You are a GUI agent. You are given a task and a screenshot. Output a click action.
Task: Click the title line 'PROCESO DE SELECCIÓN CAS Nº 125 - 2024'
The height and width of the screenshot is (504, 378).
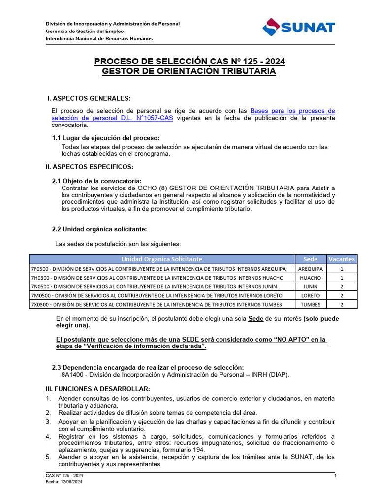(x=189, y=62)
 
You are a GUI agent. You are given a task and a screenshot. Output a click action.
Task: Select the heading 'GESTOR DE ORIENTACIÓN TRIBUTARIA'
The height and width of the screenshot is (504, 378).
(x=189, y=72)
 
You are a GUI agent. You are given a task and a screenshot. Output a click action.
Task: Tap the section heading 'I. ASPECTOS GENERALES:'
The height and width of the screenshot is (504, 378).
(x=89, y=99)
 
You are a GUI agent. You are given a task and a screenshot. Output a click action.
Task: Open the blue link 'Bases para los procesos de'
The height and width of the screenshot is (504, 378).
(x=292, y=111)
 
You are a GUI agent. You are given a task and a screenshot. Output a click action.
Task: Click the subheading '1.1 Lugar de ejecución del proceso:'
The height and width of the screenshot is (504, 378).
(x=106, y=138)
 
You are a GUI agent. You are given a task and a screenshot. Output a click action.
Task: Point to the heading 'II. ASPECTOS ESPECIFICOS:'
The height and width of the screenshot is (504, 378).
(x=89, y=167)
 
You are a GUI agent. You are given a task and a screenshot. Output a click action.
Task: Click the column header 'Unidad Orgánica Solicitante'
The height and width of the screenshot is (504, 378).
(x=162, y=259)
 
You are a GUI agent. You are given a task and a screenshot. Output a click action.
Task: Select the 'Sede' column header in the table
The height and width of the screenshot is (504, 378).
(x=310, y=259)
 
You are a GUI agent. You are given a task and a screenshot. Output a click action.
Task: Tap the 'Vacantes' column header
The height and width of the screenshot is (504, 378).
(x=342, y=259)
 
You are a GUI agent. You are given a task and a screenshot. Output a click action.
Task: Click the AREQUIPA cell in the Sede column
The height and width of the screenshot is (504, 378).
(x=310, y=269)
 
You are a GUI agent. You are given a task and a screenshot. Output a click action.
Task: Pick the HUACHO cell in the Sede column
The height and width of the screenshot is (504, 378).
(x=310, y=278)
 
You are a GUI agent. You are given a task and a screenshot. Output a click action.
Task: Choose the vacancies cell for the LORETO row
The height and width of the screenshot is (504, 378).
(x=342, y=295)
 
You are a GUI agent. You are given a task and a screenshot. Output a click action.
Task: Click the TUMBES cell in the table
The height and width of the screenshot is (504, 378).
(x=310, y=304)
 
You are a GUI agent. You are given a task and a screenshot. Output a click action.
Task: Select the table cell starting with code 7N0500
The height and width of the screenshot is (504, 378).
(x=162, y=286)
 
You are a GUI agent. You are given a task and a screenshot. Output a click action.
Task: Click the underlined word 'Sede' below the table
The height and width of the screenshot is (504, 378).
(x=255, y=319)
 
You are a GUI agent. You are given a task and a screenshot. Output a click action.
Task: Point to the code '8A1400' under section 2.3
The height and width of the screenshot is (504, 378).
(x=72, y=374)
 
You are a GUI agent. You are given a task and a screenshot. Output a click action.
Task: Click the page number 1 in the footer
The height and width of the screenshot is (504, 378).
(x=335, y=476)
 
